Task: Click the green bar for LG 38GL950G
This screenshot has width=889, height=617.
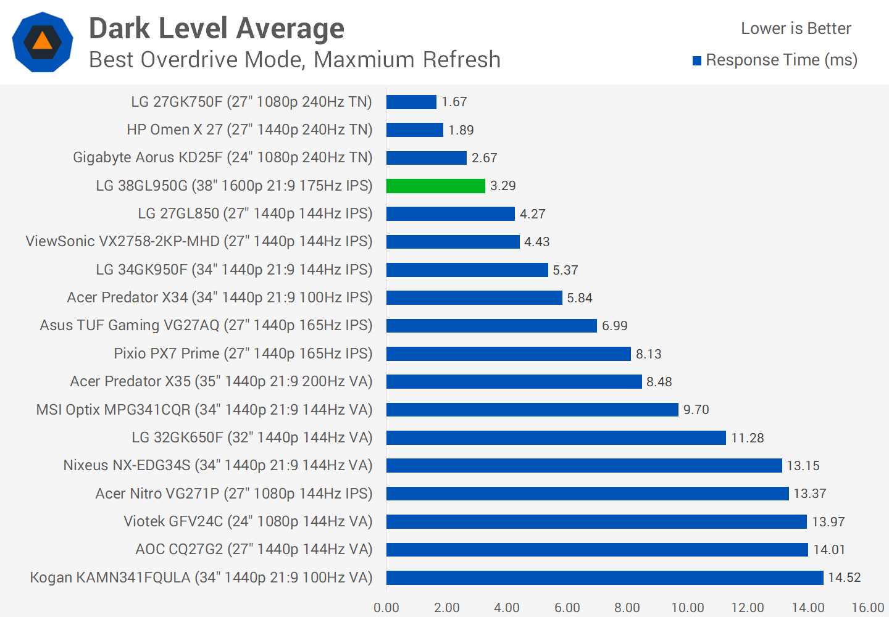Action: pyautogui.click(x=436, y=186)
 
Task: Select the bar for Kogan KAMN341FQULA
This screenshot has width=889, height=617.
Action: pyautogui.click(x=605, y=578)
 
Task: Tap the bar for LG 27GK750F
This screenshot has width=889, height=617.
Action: pyautogui.click(x=411, y=102)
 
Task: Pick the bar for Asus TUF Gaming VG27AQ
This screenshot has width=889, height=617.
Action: pyautogui.click(x=491, y=326)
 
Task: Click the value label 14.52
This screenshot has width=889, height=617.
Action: pyautogui.click(x=845, y=578)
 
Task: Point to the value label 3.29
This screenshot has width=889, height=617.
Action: pyautogui.click(x=503, y=186)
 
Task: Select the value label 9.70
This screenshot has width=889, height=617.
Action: pyautogui.click(x=696, y=410)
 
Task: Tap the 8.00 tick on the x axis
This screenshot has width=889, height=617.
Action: pyautogui.click(x=627, y=608)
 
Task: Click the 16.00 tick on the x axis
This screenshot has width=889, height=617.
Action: pyautogui.click(x=868, y=608)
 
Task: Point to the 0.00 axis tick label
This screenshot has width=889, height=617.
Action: pyautogui.click(x=386, y=608)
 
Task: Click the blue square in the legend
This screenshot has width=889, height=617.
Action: pyautogui.click(x=697, y=60)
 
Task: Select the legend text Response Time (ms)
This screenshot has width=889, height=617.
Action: pyautogui.click(x=782, y=60)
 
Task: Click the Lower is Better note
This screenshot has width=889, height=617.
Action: pyautogui.click(x=796, y=28)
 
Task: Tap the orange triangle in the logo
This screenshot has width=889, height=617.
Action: pyautogui.click(x=42, y=41)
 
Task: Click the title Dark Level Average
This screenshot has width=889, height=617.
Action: pyautogui.click(x=217, y=28)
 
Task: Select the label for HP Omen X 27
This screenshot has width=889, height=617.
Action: pyautogui.click(x=249, y=130)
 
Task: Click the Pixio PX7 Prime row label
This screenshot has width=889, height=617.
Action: pyautogui.click(x=243, y=354)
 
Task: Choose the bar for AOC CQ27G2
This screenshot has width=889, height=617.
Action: pyautogui.click(x=597, y=550)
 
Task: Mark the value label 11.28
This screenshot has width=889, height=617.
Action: pyautogui.click(x=748, y=438)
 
